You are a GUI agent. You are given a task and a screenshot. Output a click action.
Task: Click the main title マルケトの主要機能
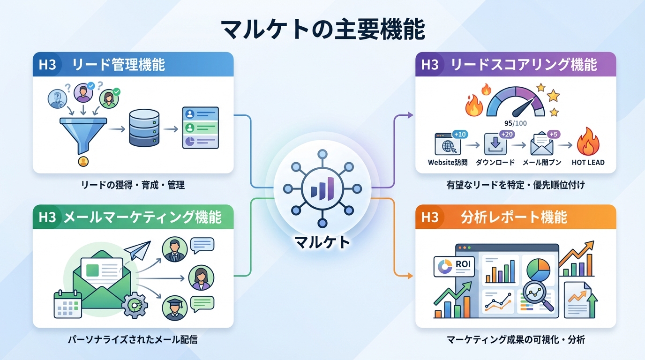(x=322, y=30)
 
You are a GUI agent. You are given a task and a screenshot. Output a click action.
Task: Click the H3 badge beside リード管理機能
(x=47, y=64)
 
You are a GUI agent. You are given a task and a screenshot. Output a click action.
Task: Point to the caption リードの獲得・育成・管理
(x=133, y=185)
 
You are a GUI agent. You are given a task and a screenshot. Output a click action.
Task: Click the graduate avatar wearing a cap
(x=175, y=307)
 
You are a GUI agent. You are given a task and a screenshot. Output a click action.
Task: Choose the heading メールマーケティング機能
(x=142, y=217)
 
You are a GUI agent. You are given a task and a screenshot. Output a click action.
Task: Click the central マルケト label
(x=322, y=242)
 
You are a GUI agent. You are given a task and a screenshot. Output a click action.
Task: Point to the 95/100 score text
(x=515, y=124)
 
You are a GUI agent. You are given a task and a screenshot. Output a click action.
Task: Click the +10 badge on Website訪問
(x=460, y=135)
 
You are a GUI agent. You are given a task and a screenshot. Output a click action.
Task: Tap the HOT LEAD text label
(x=588, y=163)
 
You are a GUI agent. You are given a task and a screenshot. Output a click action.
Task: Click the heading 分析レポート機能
(x=514, y=217)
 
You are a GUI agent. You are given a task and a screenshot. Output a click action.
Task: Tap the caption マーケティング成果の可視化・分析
(x=516, y=340)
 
